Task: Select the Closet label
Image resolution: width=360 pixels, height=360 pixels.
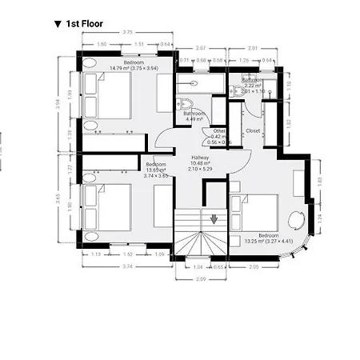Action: click(254, 130)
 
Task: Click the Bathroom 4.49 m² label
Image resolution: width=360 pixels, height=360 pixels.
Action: click(196, 117)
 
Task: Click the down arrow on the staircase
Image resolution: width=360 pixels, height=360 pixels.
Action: click(214, 218)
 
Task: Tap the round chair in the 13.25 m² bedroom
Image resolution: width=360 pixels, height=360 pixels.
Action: click(296, 219)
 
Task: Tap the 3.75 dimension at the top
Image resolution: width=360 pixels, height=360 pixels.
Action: click(126, 32)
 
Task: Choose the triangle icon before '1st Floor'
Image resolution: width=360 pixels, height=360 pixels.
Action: click(58, 25)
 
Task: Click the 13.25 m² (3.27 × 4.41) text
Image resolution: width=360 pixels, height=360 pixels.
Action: click(267, 241)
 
